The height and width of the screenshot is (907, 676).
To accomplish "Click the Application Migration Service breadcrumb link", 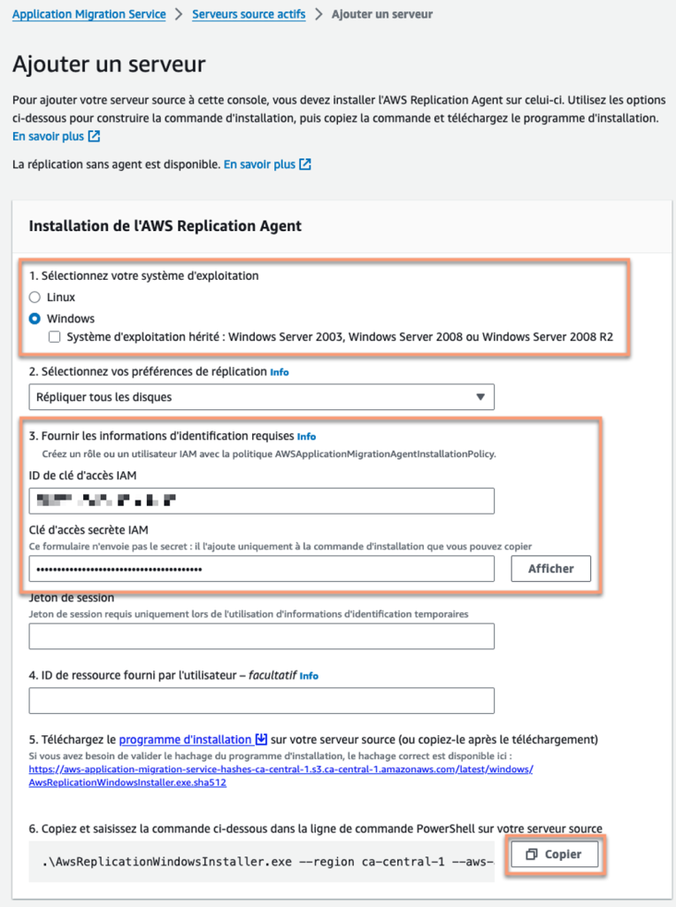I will [88, 15].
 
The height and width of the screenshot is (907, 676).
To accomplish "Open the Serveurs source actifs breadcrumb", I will [249, 15].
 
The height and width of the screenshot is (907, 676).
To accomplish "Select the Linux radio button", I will [35, 298].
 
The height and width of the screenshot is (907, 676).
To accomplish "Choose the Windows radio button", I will [35, 318].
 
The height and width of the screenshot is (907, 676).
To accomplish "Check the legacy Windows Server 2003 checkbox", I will [55, 337].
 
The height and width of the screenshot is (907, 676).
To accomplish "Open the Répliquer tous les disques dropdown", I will [261, 397].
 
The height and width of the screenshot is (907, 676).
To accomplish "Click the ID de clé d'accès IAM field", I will [261, 501].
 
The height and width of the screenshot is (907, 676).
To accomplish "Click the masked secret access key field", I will [261, 569].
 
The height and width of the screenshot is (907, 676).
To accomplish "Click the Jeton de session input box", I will [261, 636].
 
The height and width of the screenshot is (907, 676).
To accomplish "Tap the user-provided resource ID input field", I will [261, 701].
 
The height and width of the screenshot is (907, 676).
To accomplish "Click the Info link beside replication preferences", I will [280, 373].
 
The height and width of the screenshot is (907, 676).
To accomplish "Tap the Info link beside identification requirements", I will [306, 437].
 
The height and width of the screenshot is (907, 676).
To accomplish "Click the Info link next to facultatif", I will [309, 676].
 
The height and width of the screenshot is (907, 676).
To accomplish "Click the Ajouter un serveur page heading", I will [109, 64].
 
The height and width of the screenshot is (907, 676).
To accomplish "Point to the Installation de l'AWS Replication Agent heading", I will [165, 226].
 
